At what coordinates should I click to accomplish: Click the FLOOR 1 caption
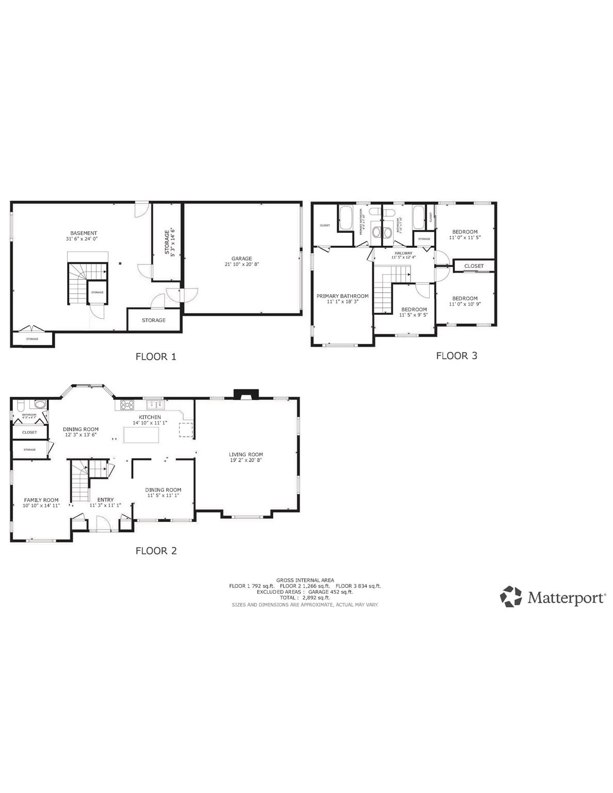[x=156, y=356]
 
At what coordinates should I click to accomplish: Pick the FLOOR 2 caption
[x=156, y=551]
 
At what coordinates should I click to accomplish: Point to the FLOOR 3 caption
[x=457, y=355]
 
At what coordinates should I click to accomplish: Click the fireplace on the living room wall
[x=245, y=395]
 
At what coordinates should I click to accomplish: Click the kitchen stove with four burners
[x=127, y=405]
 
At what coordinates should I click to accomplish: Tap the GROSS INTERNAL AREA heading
[x=305, y=580]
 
